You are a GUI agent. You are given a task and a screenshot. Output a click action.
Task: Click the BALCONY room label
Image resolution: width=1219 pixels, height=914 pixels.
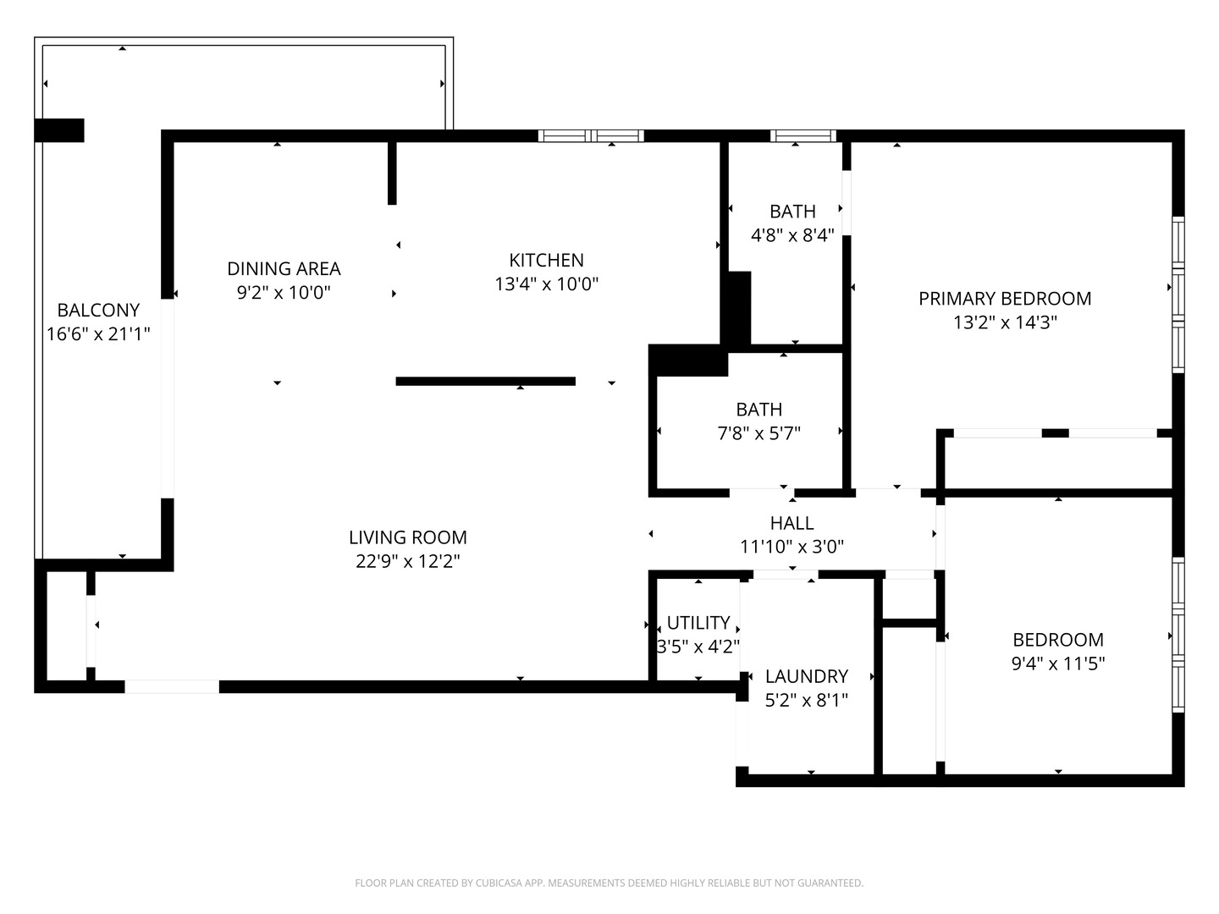(98, 310)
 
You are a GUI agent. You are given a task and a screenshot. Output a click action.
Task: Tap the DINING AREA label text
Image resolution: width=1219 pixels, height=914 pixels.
(284, 268)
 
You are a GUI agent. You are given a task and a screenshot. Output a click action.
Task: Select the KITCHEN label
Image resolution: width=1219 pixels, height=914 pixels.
(546, 260)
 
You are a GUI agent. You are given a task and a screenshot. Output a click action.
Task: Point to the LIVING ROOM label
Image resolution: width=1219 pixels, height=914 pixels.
(407, 537)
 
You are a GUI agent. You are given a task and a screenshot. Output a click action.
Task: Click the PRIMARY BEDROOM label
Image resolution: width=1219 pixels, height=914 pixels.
(1005, 298)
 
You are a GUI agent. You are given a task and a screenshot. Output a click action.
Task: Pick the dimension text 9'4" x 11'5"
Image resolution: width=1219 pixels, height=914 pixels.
(1058, 663)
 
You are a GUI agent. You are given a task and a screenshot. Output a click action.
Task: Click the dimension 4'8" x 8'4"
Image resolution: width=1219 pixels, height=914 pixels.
(792, 235)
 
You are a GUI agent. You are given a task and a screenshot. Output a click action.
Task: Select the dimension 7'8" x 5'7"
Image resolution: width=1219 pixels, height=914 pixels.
(758, 433)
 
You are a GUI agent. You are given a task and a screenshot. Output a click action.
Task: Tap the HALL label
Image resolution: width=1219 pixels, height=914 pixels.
(792, 523)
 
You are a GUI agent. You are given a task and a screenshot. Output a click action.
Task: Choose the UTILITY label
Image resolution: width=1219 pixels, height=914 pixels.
(698, 623)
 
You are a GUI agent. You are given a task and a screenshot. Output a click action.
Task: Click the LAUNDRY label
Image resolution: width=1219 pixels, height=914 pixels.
(806, 676)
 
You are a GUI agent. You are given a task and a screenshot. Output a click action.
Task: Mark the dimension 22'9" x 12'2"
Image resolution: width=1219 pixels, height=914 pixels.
(407, 560)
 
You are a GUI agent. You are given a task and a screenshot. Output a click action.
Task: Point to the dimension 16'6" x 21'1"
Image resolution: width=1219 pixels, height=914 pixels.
(98, 334)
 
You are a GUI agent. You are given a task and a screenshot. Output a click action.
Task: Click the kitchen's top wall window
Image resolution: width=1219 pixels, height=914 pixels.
(591, 135)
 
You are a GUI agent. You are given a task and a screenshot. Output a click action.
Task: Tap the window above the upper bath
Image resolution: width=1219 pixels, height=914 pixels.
(803, 135)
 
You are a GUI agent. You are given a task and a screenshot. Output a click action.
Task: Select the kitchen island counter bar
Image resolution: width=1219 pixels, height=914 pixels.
(485, 382)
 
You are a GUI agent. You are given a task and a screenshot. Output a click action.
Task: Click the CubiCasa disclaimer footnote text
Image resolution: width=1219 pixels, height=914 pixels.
(609, 883)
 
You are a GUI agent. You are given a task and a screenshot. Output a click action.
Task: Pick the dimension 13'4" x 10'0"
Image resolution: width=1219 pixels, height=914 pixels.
(546, 284)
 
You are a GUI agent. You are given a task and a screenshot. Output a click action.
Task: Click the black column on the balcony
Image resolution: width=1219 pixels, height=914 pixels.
(59, 130)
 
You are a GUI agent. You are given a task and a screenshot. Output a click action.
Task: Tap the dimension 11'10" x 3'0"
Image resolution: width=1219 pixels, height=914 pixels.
(792, 547)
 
